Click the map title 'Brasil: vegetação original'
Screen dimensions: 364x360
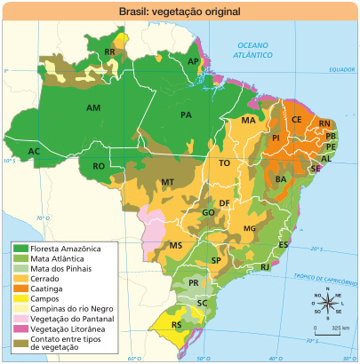point(180,12)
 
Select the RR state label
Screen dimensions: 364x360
point(110,52)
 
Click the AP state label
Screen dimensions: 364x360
point(193,60)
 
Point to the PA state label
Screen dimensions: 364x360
point(186,115)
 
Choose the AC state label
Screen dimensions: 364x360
point(34,152)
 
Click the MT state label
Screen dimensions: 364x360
point(166,182)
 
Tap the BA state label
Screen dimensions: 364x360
point(281,179)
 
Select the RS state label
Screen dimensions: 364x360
point(177,325)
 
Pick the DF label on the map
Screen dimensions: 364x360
point(225,203)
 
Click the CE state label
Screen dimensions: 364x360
point(297,119)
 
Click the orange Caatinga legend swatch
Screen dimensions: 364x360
point(20,290)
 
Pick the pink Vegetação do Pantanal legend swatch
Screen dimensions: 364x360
point(20,319)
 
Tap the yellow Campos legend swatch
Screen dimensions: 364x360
point(20,300)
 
